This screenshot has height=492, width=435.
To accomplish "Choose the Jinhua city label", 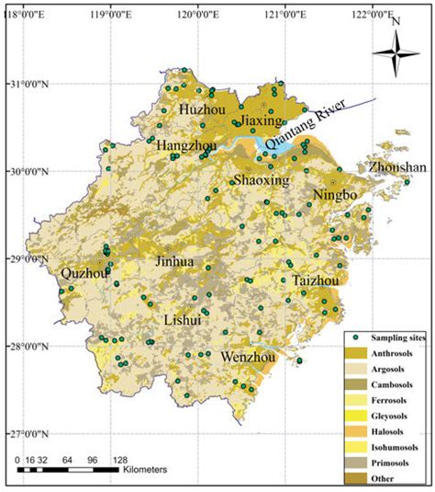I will (173, 261).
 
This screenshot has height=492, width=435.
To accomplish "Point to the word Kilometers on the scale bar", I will (143, 469).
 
